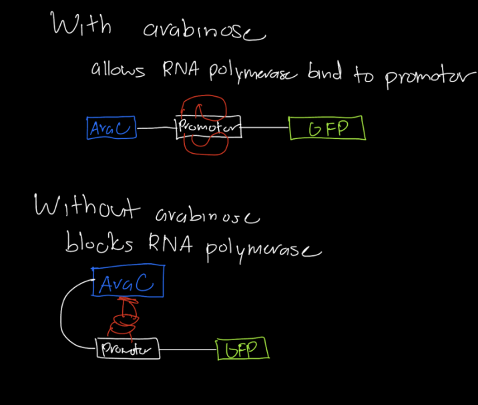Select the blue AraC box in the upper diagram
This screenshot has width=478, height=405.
(111, 128)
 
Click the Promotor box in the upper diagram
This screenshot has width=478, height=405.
(207, 128)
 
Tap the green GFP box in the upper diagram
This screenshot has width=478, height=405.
(327, 128)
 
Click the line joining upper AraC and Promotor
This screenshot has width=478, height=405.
(156, 128)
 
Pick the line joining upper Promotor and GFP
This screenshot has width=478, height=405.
(264, 128)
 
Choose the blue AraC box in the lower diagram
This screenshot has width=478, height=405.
(128, 283)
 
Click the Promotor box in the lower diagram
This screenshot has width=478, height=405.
(128, 349)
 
